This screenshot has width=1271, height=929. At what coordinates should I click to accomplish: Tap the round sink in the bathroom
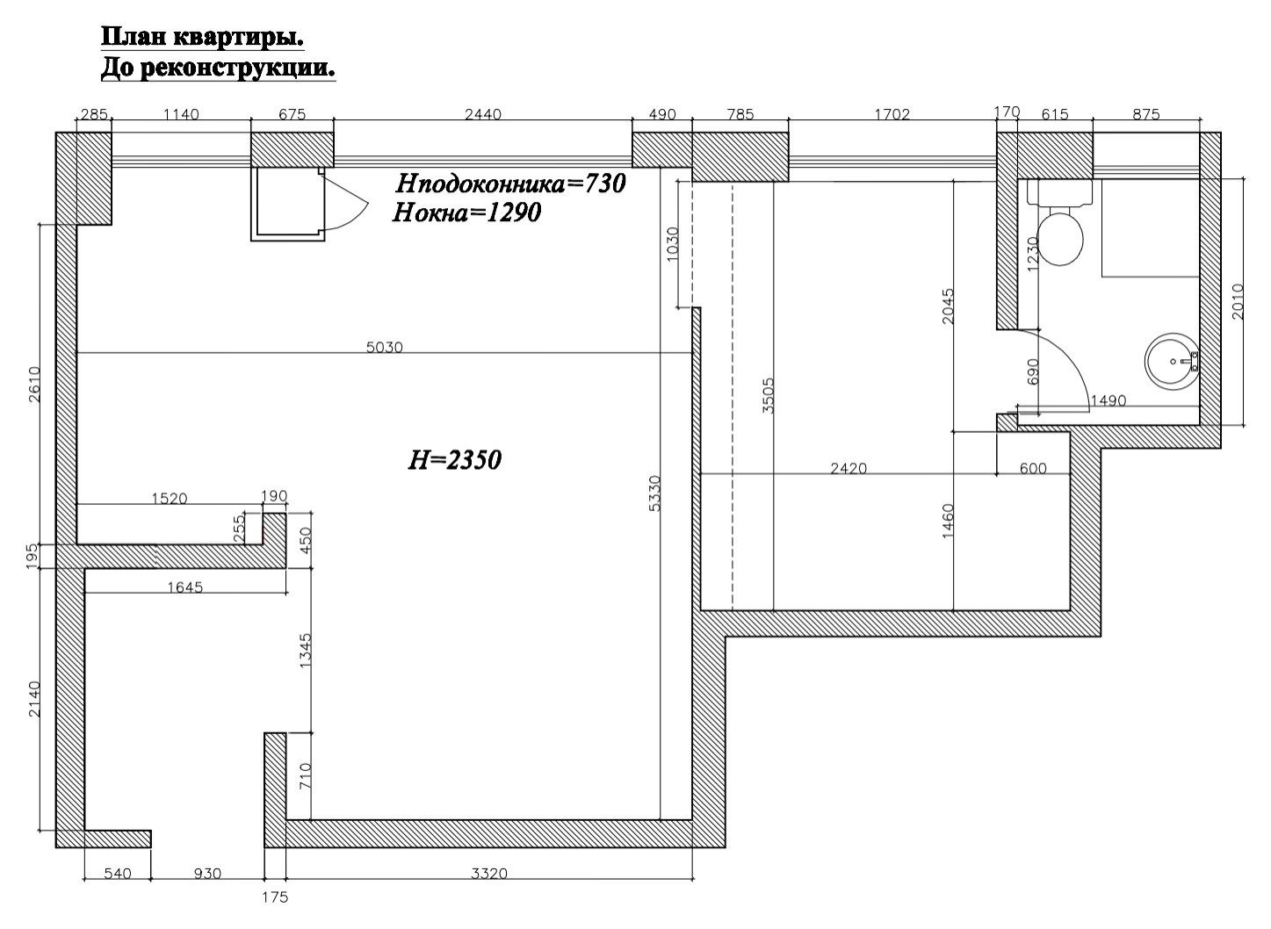click(x=1173, y=361)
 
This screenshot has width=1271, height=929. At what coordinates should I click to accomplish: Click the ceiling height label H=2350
click(x=454, y=460)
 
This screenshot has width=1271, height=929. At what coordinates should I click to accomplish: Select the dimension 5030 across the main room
click(x=384, y=347)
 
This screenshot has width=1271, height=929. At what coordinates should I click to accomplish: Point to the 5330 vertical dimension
click(x=654, y=493)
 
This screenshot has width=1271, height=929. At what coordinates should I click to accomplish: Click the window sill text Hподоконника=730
click(x=510, y=184)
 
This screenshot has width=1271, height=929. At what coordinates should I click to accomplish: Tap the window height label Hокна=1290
click(x=466, y=213)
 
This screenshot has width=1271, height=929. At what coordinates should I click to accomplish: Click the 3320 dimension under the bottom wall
click(x=488, y=874)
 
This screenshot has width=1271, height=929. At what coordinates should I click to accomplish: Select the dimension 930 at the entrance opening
click(x=207, y=874)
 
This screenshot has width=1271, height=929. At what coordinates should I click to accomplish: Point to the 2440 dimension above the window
click(x=483, y=114)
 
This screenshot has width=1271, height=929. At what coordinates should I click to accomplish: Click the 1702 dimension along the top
click(x=892, y=114)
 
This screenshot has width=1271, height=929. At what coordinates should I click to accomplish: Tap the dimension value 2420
click(x=849, y=469)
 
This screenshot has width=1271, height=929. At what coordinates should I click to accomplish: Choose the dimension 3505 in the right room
click(x=769, y=395)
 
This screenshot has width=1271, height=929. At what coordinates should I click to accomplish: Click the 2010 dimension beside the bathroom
click(x=1238, y=301)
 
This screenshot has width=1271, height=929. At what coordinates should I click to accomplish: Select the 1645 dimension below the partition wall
click(x=185, y=587)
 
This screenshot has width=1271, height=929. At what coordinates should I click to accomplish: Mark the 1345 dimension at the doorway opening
click(x=306, y=651)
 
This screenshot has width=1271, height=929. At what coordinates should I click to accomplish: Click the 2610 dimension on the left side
click(x=34, y=385)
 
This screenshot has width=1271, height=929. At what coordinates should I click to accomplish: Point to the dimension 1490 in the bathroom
click(x=1108, y=401)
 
